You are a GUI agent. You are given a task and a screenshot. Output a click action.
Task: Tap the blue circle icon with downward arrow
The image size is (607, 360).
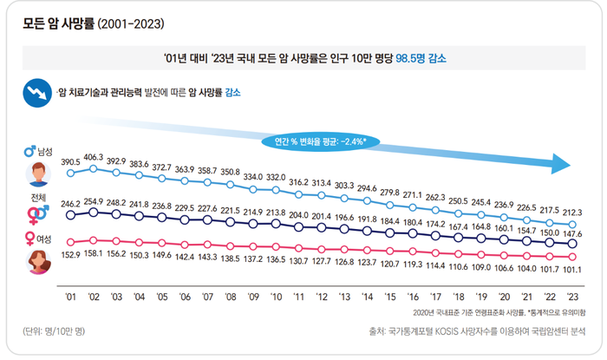click(x=37, y=93)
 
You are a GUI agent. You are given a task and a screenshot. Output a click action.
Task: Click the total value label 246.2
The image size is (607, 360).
click(x=70, y=201)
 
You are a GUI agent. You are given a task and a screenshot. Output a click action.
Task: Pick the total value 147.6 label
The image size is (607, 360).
click(x=572, y=233)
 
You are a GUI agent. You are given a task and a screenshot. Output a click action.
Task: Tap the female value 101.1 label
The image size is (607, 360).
click(x=572, y=269)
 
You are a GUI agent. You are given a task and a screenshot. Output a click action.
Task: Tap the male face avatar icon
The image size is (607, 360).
click(x=38, y=173)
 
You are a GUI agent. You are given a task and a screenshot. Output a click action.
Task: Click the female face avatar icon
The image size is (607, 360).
click(x=38, y=260)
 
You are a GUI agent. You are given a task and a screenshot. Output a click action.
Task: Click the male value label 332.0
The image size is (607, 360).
click(x=276, y=177)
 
